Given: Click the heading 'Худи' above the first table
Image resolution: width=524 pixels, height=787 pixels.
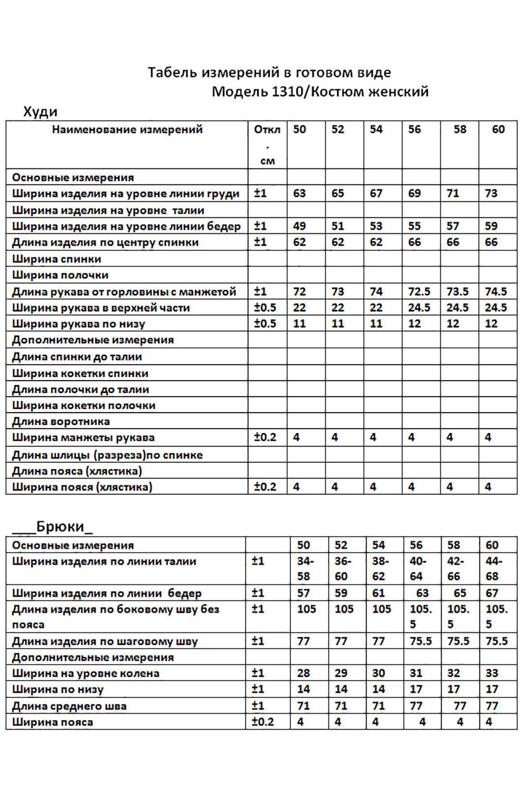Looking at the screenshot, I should (40, 112).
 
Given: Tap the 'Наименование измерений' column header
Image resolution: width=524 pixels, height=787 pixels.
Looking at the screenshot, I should (127, 130).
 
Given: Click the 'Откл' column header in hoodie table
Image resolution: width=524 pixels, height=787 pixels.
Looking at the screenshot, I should (267, 130).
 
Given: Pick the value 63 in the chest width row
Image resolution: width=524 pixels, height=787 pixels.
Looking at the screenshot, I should (299, 193).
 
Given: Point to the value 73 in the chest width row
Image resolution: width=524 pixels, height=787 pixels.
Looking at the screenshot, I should (491, 193).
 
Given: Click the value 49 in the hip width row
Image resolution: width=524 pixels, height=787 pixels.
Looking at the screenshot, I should (299, 226).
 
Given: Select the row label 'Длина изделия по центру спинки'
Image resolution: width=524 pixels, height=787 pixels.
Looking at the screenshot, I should (105, 242).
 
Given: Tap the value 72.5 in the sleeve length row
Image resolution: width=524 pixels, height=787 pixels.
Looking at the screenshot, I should (419, 292).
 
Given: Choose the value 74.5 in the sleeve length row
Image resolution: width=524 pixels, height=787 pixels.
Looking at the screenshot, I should (495, 292).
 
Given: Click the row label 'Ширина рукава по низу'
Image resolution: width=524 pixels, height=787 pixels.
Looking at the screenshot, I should (79, 324).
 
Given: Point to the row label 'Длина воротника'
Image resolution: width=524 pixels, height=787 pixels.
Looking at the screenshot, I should (61, 422).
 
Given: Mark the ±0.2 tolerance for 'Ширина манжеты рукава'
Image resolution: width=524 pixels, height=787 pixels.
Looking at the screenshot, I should (265, 437).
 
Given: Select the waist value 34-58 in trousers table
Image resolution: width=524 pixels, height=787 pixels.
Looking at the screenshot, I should (305, 569).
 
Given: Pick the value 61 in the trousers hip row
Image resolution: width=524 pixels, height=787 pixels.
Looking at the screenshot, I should (378, 593).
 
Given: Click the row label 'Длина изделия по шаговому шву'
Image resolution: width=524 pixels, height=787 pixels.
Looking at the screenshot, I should (105, 641).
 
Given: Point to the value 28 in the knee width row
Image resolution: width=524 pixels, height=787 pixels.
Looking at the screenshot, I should (303, 673).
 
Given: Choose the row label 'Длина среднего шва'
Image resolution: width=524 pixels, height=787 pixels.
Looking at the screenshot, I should (69, 706).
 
